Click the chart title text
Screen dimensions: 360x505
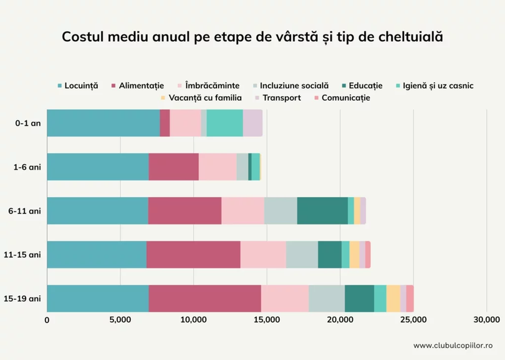pyautogui.click(x=252, y=36)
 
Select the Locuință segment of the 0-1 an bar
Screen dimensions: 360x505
pyautogui.click(x=103, y=123)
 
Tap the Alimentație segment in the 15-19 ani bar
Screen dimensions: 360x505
pyautogui.click(x=204, y=298)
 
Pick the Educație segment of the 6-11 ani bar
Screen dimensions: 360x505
pyautogui.click(x=322, y=211)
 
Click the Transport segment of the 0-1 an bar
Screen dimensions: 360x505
pyautogui.click(x=252, y=123)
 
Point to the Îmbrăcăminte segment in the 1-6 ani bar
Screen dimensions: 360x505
pyautogui.click(x=218, y=167)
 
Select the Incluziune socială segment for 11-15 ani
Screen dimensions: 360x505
pyautogui.click(x=302, y=255)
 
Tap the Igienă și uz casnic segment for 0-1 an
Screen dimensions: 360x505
pyautogui.click(x=224, y=123)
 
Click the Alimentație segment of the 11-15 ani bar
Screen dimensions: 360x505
pyautogui.click(x=193, y=255)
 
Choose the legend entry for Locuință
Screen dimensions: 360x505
pyautogui.click(x=77, y=85)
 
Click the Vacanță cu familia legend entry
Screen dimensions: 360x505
pyautogui.click(x=202, y=98)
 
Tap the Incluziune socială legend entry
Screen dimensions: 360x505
pyautogui.click(x=289, y=85)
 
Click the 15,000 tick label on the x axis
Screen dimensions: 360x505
pyautogui.click(x=266, y=320)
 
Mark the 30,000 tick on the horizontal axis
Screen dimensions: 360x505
pyautogui.click(x=486, y=320)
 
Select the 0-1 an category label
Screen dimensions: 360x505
pyautogui.click(x=28, y=123)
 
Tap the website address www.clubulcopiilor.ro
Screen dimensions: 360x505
pyautogui.click(x=453, y=345)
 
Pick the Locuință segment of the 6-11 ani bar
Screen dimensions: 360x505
pyautogui.click(x=97, y=211)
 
